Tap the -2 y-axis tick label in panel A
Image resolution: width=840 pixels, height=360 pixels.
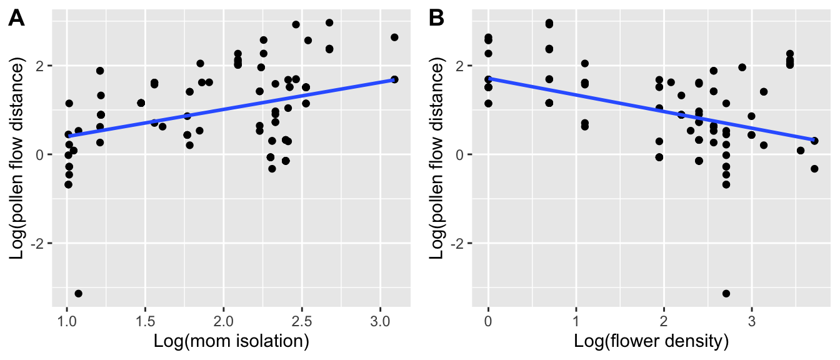[x=37, y=243]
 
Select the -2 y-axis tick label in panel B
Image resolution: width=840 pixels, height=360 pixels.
[x=457, y=243]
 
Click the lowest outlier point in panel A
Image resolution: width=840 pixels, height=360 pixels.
[x=78, y=293]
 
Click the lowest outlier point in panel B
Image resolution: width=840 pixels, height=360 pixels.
[x=726, y=293]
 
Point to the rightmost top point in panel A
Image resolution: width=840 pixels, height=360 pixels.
[x=394, y=37]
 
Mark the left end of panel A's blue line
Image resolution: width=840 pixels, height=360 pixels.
[x=68, y=136]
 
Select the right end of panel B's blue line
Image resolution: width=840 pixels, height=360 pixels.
[x=814, y=140]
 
